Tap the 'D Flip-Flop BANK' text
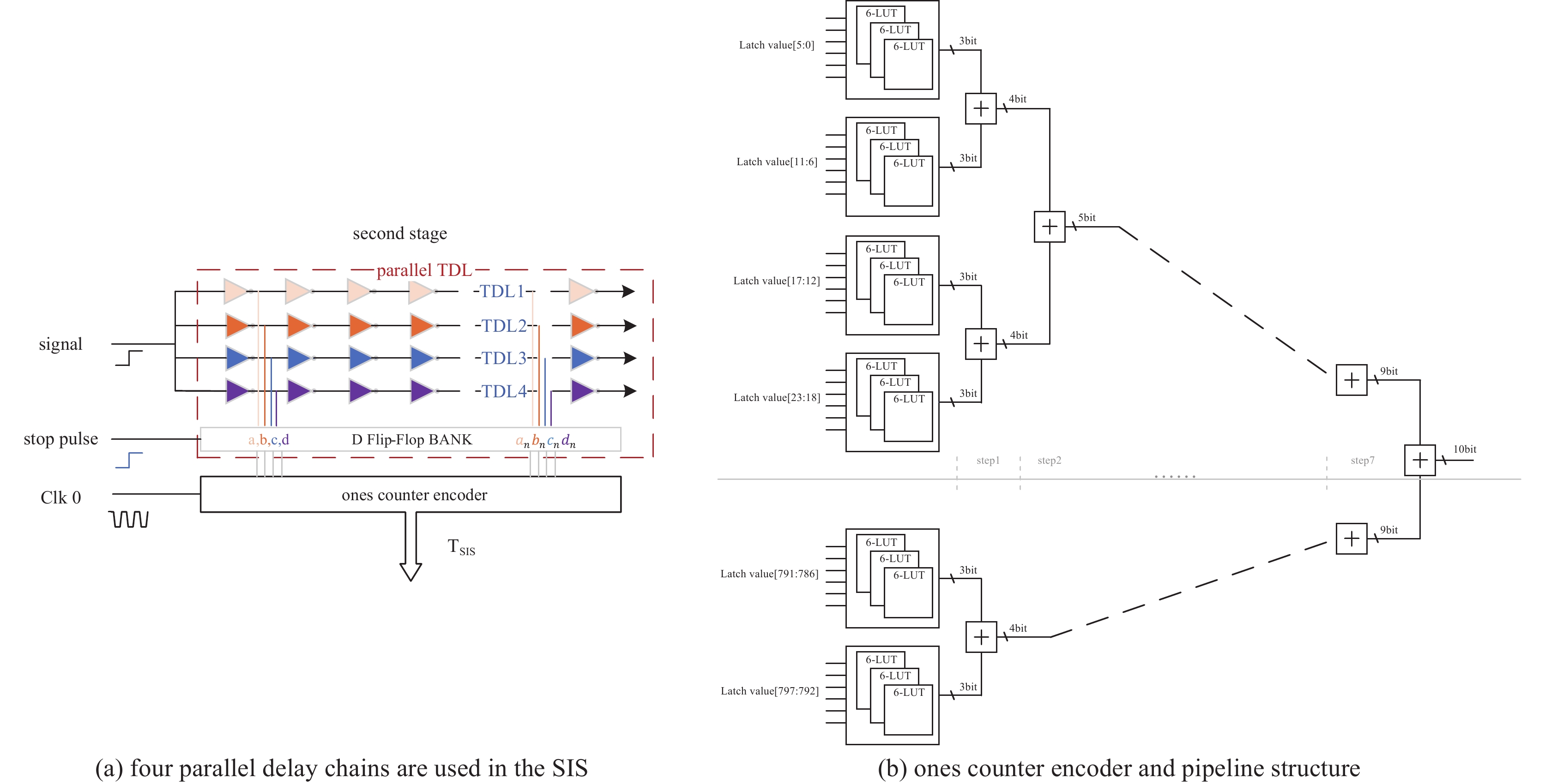411,440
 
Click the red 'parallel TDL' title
424,270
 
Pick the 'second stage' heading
399,233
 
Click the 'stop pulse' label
60,439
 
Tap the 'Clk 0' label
60,497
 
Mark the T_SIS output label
461,547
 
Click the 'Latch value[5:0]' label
776,45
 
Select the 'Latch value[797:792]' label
770,691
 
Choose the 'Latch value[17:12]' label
776,281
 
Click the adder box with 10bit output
1420,461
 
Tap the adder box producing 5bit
1049,227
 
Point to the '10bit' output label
1464,449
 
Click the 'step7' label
1362,461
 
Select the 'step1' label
988,461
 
